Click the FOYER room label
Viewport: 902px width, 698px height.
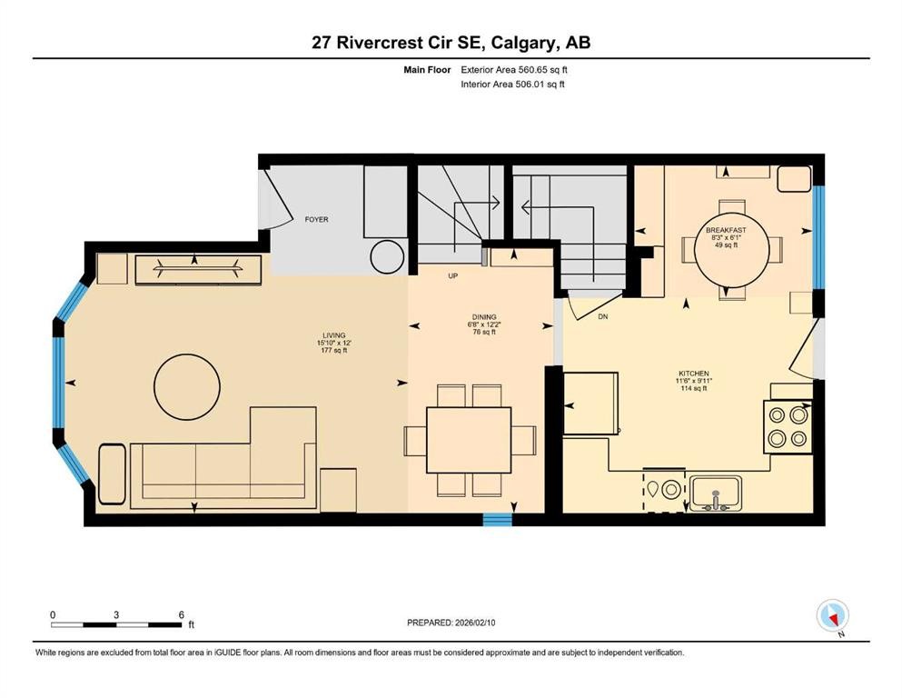pyautogui.click(x=316, y=220)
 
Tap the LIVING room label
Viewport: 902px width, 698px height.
pyautogui.click(x=332, y=335)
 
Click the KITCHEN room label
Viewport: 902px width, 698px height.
pyautogui.click(x=693, y=374)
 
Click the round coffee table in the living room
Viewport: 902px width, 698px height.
pyautogui.click(x=186, y=385)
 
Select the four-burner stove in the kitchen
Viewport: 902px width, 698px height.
pyautogui.click(x=787, y=427)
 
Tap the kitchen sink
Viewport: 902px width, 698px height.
pyautogui.click(x=716, y=494)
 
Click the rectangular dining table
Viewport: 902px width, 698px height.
pyautogui.click(x=468, y=440)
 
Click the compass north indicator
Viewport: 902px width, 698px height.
pyautogui.click(x=833, y=617)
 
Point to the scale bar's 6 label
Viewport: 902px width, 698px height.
pyautogui.click(x=182, y=614)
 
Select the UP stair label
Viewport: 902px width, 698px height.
pyautogui.click(x=451, y=274)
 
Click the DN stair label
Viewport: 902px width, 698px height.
pyautogui.click(x=602, y=317)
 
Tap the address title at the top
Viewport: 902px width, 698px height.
pyautogui.click(x=451, y=43)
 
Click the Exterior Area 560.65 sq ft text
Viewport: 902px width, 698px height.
pyautogui.click(x=514, y=69)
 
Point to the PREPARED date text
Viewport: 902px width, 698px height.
pyautogui.click(x=451, y=623)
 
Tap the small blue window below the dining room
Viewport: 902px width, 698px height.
pyautogui.click(x=497, y=520)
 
